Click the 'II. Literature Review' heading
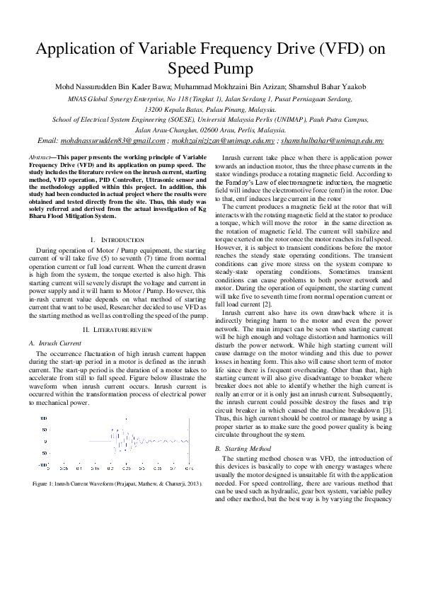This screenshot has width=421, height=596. [x=117, y=330]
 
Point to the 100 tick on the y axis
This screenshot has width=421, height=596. [x=43, y=419]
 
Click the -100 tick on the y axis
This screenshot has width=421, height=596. [x=43, y=465]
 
